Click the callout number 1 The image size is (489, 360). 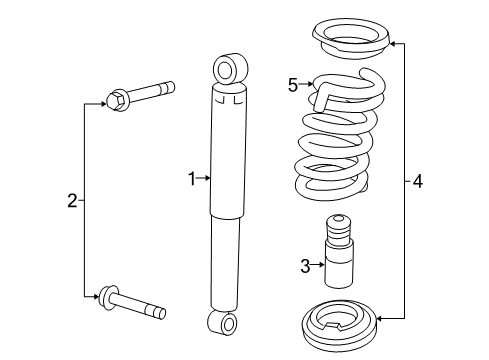[x=191, y=179]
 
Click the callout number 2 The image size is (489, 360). [x=72, y=201]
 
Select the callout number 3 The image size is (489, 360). [x=306, y=265]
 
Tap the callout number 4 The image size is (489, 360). [x=418, y=181]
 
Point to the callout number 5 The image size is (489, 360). [x=293, y=86]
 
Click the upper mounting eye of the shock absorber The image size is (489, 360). [x=228, y=69]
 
